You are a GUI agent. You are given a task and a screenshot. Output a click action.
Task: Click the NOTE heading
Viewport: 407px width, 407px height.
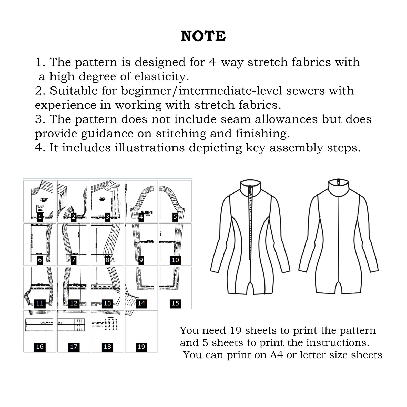click(x=203, y=36)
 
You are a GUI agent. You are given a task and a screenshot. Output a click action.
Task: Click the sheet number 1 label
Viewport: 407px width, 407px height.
click(x=40, y=217)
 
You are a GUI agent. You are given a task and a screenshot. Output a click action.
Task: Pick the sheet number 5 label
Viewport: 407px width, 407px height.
click(x=175, y=217)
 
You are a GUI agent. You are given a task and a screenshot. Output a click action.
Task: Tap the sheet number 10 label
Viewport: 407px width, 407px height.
click(x=175, y=260)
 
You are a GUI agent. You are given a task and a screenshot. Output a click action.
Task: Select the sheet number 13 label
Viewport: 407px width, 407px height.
click(x=107, y=303)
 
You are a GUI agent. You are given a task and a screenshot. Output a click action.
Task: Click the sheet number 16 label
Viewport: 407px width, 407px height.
click(x=40, y=347)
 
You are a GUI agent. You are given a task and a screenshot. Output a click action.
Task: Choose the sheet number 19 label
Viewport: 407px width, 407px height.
click(x=141, y=347)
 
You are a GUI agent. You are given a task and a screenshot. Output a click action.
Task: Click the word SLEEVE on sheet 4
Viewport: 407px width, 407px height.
click(x=147, y=213)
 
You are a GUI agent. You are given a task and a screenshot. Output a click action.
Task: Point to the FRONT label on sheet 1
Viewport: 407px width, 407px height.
click(x=44, y=199)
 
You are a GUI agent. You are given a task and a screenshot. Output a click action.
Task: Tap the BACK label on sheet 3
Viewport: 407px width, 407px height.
click(x=103, y=199)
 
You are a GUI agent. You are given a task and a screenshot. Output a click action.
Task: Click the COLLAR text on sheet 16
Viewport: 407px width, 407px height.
click(x=46, y=323)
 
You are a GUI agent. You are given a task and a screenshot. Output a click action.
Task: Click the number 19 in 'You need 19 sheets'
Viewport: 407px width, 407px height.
click(x=236, y=331)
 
